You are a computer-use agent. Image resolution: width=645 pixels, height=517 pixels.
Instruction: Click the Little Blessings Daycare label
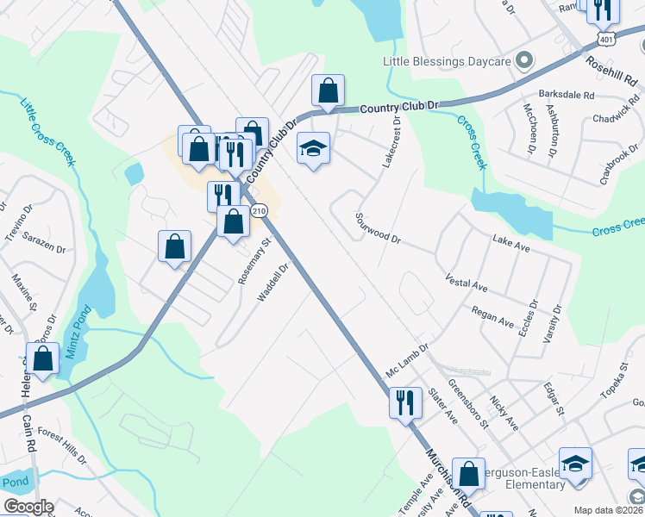[448, 61]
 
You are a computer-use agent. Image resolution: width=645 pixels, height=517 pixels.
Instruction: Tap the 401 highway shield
[607, 40]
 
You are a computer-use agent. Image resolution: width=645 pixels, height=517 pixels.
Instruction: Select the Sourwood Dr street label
[378, 228]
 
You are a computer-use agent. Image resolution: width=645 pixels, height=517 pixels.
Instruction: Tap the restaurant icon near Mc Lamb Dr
[404, 401]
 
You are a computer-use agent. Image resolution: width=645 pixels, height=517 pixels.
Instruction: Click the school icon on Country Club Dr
[313, 148]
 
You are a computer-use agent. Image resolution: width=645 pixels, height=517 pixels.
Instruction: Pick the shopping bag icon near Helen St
[41, 358]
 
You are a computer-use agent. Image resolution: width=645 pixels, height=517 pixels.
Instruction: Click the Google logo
[28, 508]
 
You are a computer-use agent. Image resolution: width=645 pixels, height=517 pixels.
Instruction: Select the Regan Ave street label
[492, 315]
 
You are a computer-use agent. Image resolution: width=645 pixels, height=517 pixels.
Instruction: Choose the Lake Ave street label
[510, 242]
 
